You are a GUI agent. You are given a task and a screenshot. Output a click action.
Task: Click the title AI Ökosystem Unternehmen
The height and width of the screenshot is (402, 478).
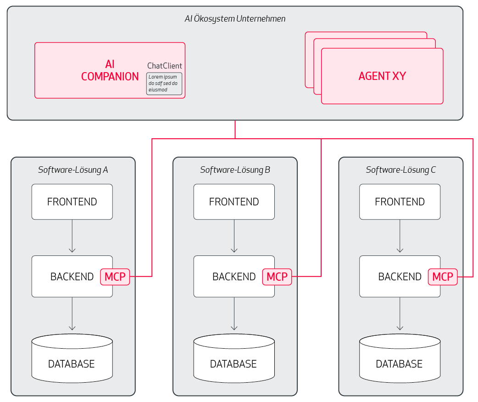click(x=235, y=19)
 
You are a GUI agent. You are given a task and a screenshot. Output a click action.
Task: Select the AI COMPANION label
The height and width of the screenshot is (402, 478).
click(x=110, y=70)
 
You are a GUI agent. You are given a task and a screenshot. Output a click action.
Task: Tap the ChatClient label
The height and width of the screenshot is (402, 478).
click(x=165, y=66)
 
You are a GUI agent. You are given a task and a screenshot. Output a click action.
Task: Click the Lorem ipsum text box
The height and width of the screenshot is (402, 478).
click(x=164, y=83)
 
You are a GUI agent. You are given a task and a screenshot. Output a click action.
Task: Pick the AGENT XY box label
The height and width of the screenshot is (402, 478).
click(x=382, y=76)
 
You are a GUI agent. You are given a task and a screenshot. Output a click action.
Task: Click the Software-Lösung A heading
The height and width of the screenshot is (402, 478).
click(x=73, y=170)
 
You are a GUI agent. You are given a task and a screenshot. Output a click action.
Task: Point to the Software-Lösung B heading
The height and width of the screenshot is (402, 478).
click(x=235, y=170)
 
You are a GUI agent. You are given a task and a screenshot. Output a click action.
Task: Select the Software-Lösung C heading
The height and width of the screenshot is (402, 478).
click(x=401, y=170)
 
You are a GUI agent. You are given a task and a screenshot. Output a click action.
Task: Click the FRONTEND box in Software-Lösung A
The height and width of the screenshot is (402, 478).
click(x=72, y=202)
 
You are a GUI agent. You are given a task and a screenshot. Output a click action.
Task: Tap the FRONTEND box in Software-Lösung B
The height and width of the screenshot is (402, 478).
click(x=234, y=202)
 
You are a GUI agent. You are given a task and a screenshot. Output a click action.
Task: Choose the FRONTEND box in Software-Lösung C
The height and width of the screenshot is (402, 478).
click(x=400, y=202)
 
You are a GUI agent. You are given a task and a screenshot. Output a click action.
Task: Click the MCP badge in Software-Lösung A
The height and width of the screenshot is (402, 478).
click(x=115, y=277)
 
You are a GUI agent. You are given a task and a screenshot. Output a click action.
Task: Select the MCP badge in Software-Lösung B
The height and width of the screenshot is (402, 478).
click(x=277, y=277)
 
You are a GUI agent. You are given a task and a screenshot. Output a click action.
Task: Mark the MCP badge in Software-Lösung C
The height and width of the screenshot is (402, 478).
click(x=443, y=277)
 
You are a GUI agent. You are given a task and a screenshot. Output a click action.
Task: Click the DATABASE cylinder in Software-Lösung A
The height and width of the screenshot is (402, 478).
click(x=72, y=358)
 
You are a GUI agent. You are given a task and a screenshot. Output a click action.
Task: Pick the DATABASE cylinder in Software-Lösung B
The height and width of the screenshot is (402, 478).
click(x=234, y=358)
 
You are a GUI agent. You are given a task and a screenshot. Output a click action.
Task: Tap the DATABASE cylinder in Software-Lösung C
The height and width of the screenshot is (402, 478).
click(x=400, y=358)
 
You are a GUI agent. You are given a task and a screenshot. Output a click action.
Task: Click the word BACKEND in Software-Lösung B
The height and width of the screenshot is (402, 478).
click(x=234, y=277)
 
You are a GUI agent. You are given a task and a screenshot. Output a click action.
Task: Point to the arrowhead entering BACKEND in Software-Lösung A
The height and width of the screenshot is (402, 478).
click(x=72, y=250)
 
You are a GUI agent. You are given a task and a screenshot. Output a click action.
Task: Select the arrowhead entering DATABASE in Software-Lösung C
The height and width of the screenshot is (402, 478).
click(x=400, y=328)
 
